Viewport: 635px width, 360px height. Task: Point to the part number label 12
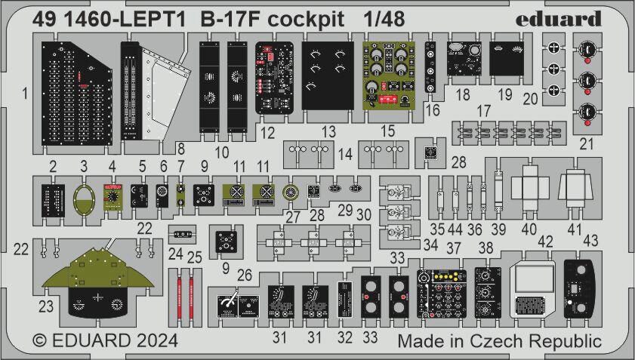[267, 133]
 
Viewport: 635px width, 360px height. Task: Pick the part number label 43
[590, 240]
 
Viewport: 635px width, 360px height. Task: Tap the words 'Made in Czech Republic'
[499, 340]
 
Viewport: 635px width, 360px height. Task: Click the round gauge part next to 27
[291, 193]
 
